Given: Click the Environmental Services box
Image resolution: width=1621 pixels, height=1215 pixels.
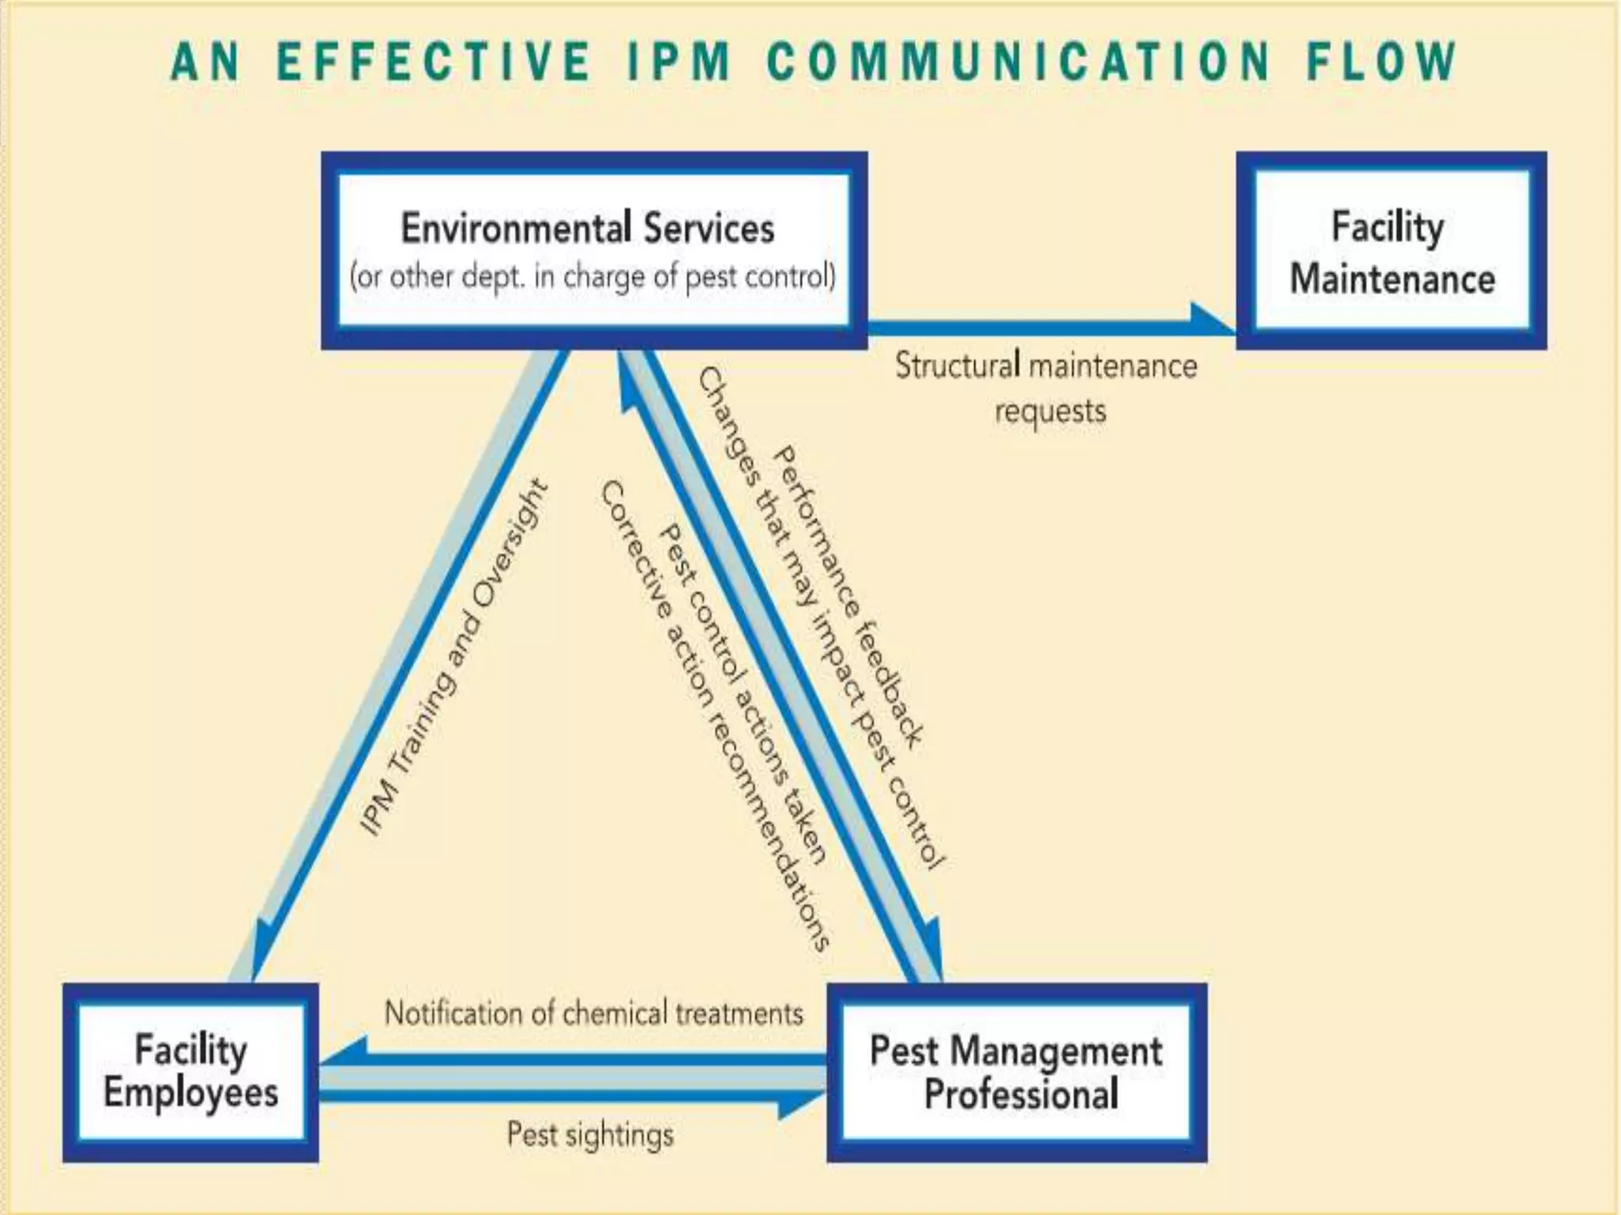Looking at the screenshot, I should click(594, 250).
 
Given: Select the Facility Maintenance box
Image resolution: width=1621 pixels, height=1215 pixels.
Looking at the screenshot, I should click(1391, 251).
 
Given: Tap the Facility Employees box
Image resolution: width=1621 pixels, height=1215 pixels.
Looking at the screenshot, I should click(191, 1072).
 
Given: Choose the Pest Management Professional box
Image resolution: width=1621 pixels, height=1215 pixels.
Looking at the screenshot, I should click(1017, 1072).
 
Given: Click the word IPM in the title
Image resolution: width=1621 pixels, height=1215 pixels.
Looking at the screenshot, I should click(679, 62).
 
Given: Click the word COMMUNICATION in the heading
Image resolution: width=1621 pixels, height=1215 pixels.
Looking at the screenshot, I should click(1019, 62).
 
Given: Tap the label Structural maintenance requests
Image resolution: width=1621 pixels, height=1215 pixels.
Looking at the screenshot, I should click(1046, 388).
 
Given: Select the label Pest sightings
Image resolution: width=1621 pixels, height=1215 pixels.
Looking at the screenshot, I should click(590, 1134).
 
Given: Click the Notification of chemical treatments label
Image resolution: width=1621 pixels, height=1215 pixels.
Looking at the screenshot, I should click(594, 1013).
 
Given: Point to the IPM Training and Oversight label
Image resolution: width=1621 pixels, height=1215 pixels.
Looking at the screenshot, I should click(454, 657).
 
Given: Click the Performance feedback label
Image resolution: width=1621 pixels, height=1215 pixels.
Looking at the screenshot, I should click(848, 597).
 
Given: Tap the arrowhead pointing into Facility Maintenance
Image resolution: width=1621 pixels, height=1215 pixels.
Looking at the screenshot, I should click(1211, 320).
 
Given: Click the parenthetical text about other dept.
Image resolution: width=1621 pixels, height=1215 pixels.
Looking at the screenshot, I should click(594, 277).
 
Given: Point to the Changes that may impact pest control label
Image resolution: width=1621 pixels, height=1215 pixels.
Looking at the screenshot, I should click(819, 617).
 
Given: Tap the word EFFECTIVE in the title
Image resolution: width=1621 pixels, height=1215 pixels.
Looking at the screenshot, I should click(434, 62).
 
